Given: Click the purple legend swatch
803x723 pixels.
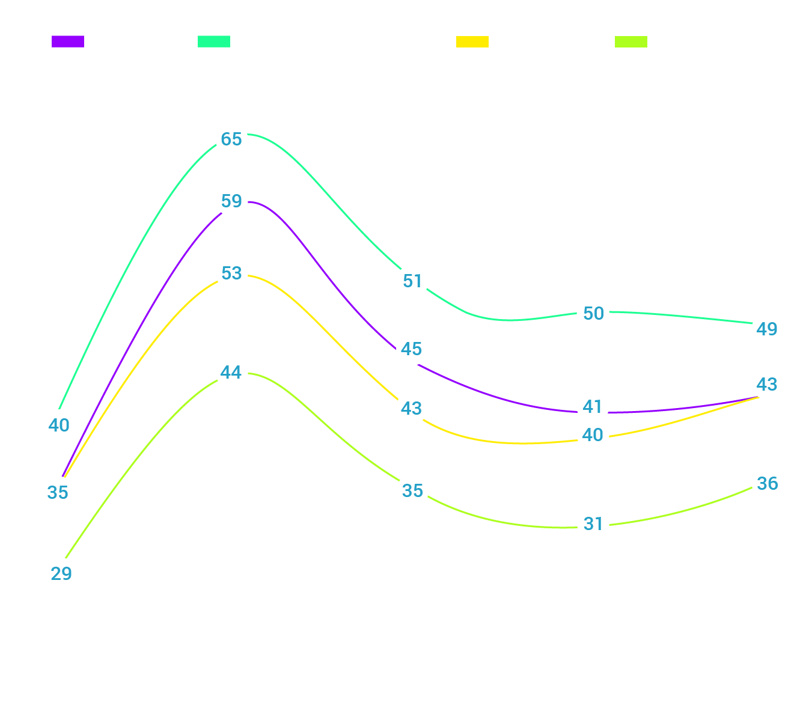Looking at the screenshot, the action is point(68,41).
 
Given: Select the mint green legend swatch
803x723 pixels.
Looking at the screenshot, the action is point(214,41).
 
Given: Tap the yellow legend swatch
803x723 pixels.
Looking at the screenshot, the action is point(472,41).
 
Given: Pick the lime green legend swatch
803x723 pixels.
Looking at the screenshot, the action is point(631,41).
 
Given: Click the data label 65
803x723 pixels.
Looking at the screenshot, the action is point(231,139).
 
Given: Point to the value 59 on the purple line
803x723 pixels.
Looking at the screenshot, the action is point(231,201).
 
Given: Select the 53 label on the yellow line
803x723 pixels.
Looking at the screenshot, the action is point(231,273).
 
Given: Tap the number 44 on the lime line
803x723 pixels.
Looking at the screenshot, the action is point(231,373).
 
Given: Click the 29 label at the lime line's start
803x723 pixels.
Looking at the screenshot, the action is point(61,574).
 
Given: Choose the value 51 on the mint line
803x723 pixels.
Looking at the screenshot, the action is point(412,281).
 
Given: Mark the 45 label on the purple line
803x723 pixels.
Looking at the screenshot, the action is point(411,349).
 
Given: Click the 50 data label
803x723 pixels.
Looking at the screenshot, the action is point(593,314).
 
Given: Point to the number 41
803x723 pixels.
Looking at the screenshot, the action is point(593,407).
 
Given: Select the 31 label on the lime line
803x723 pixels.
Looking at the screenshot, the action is point(593,524).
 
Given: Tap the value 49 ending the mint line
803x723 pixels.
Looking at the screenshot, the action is point(766,329).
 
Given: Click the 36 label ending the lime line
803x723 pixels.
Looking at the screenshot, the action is point(768,484).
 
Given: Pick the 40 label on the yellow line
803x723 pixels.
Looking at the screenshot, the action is point(593,435).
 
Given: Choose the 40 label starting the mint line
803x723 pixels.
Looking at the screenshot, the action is point(59,425).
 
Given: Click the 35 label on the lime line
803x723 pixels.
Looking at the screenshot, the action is point(412,491).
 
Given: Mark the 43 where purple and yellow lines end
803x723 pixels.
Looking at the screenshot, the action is point(766,384).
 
